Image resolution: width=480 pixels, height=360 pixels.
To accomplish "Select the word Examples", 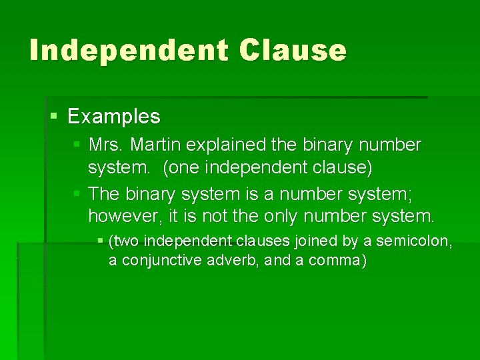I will click(114, 117).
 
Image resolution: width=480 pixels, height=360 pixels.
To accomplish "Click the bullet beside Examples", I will click(55, 117).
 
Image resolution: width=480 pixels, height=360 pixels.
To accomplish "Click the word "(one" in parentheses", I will click(180, 167).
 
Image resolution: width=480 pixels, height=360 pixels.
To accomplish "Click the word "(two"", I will click(125, 240).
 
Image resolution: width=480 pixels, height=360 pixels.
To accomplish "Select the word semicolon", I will click(409, 240).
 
